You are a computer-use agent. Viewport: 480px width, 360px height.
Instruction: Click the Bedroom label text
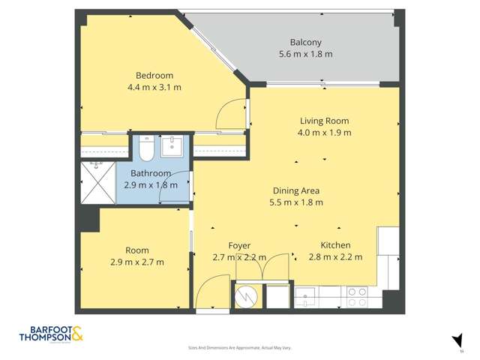(x=154, y=75)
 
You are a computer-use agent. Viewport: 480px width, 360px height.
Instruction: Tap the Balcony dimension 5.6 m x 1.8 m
(x=305, y=54)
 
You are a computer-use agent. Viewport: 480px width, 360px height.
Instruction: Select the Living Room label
(x=324, y=121)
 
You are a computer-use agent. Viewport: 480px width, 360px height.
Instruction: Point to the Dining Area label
(x=295, y=190)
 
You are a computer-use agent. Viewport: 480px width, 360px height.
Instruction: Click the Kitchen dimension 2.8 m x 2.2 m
(x=335, y=257)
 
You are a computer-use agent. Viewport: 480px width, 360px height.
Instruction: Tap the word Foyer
(x=239, y=246)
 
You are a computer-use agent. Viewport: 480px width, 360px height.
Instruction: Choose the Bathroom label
(x=151, y=173)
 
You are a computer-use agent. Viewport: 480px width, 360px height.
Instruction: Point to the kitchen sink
(x=306, y=298)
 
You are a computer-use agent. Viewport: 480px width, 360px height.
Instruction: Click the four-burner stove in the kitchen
(x=356, y=298)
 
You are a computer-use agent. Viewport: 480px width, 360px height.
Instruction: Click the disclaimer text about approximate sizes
(x=239, y=348)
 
